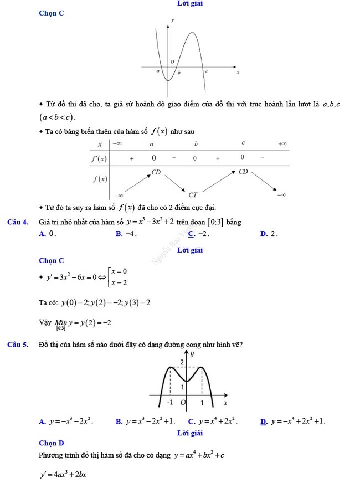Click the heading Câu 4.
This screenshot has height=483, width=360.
click(18, 222)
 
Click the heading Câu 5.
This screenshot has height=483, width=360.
click(18, 345)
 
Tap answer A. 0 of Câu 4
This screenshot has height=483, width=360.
click(48, 234)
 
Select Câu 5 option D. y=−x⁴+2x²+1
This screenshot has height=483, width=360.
click(293, 422)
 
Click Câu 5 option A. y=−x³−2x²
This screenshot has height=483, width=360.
click(66, 422)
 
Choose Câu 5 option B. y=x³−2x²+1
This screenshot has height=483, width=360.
click(146, 422)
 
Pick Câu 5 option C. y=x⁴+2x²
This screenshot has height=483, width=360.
click(213, 422)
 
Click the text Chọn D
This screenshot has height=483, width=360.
click(52, 443)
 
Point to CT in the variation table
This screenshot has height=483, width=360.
click(193, 195)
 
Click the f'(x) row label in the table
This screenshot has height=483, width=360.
click(100, 158)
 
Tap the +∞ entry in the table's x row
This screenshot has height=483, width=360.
click(282, 144)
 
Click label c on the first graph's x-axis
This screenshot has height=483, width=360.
click(207, 72)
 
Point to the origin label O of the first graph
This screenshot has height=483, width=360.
click(172, 61)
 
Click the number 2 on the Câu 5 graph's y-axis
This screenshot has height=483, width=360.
click(181, 362)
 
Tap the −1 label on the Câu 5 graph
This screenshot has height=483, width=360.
click(170, 402)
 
